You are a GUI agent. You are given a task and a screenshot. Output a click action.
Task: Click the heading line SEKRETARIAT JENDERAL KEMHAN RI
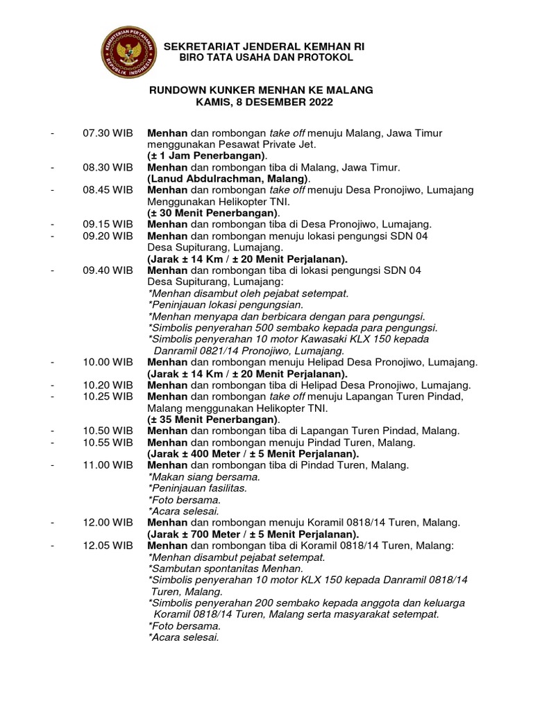click(x=264, y=46)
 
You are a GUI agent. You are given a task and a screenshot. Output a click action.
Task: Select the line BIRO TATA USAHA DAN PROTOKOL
click(x=266, y=57)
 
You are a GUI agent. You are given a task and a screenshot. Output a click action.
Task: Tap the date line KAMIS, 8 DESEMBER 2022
click(x=264, y=102)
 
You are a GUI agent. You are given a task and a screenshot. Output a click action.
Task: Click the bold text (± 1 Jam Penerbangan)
click(x=207, y=156)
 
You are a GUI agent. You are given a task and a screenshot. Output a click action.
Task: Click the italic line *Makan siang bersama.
click(x=204, y=477)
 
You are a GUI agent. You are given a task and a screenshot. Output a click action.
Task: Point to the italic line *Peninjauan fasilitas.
click(x=197, y=488)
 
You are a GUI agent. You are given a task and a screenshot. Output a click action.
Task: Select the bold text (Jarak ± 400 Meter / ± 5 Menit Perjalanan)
click(x=253, y=453)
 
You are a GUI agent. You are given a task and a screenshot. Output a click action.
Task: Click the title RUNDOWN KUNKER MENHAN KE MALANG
click(x=262, y=90)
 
